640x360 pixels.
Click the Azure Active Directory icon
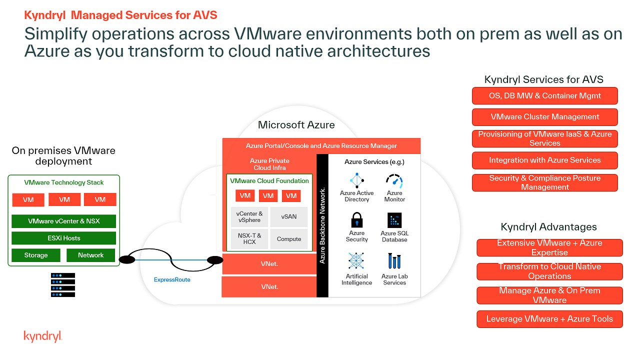356,180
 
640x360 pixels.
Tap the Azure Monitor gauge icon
394,180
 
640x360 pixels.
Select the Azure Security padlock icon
356,220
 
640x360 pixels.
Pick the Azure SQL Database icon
394,220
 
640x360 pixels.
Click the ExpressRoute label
172,280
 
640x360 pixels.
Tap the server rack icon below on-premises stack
63,285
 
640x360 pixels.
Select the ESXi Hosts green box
64,238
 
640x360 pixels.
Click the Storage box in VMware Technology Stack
36,255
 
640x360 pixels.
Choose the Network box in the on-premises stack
90,255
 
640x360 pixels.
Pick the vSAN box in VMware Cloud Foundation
289,217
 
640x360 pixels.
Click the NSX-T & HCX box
249,239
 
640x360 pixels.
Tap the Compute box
289,239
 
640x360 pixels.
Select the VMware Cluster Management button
545,117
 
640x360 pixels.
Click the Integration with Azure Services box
545,160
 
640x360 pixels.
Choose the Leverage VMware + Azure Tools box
549,319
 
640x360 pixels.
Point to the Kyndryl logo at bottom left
42,336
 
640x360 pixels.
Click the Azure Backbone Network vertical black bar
322,225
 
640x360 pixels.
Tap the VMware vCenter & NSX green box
64,221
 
